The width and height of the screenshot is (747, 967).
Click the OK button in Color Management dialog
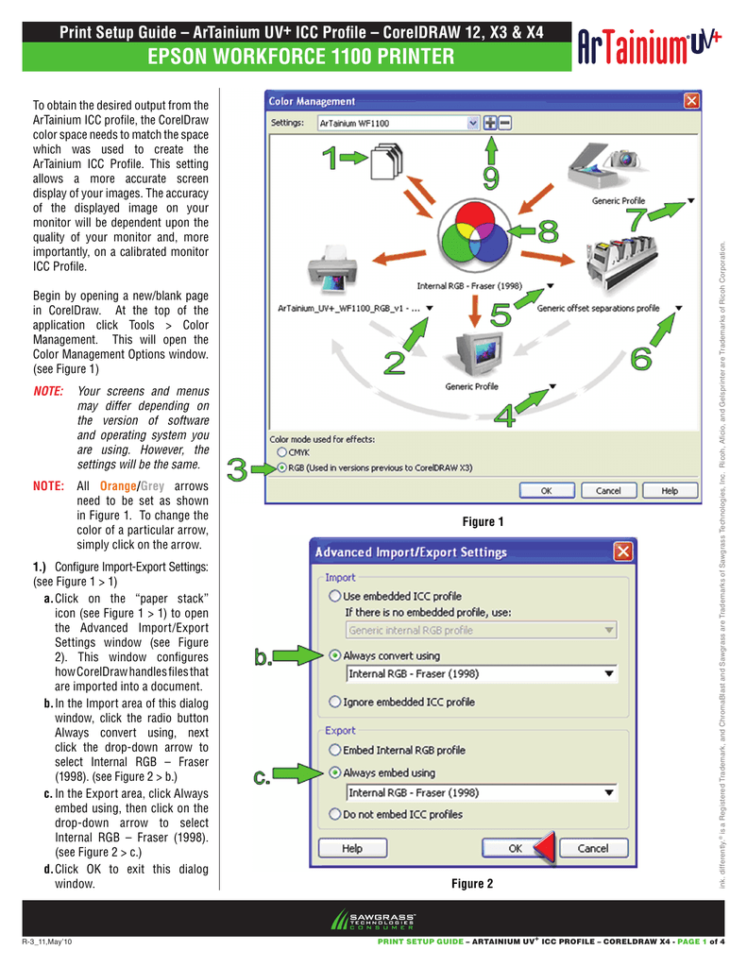click(547, 490)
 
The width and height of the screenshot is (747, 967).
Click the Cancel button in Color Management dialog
click(608, 490)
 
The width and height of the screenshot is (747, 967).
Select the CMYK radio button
click(281, 452)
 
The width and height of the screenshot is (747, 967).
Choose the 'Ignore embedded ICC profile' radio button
click(334, 702)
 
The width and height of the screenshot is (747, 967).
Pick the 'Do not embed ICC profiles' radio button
click(334, 813)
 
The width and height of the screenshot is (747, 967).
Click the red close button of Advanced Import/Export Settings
click(623, 551)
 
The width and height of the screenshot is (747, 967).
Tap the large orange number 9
click(491, 177)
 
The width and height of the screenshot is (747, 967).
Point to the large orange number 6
click(640, 358)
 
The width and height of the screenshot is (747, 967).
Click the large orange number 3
click(239, 468)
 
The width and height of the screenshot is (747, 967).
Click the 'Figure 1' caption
click(482, 522)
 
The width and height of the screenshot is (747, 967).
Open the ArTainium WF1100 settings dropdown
click(472, 123)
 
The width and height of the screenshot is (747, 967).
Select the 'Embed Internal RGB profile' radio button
click(334, 750)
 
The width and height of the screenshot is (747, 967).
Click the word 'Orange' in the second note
click(118, 485)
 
